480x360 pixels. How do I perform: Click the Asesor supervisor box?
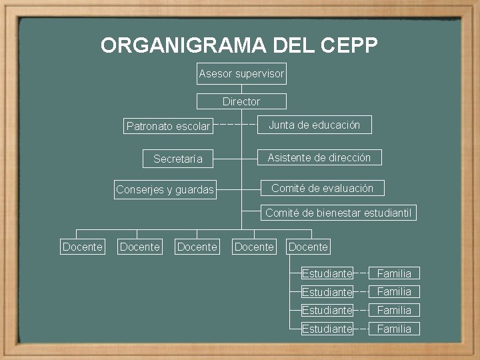(241, 74)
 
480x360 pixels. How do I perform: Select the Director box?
(241, 101)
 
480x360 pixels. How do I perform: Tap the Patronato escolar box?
(168, 125)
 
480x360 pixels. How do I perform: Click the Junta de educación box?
(314, 125)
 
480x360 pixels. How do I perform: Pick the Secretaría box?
(177, 159)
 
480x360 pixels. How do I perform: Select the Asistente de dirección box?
(320, 157)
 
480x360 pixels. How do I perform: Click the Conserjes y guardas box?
(165, 189)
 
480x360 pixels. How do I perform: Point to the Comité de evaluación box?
(322, 188)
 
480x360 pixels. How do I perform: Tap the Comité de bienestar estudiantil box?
(338, 213)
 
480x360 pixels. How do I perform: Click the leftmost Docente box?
(82, 247)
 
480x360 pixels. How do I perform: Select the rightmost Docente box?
(308, 247)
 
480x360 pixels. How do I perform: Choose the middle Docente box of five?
(197, 247)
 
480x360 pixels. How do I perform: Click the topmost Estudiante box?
(327, 273)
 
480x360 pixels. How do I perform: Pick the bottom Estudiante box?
(327, 329)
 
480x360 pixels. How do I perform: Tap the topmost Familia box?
(394, 273)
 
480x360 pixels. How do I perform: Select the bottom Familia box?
(394, 329)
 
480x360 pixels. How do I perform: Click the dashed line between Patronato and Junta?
(237, 125)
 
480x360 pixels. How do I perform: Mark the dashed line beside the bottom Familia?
(361, 329)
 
